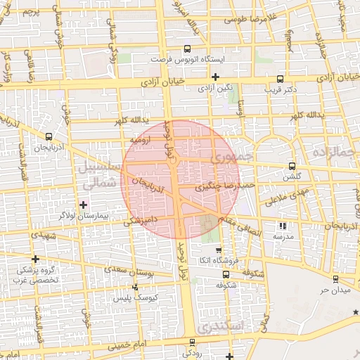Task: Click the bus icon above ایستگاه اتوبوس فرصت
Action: (186, 49)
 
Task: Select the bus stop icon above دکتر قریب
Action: (279, 79)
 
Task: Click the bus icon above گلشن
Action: (292, 166)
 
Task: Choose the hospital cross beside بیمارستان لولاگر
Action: (84, 205)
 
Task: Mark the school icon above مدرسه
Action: (283, 226)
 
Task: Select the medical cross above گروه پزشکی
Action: (35, 259)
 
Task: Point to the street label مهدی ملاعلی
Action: (286, 198)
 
